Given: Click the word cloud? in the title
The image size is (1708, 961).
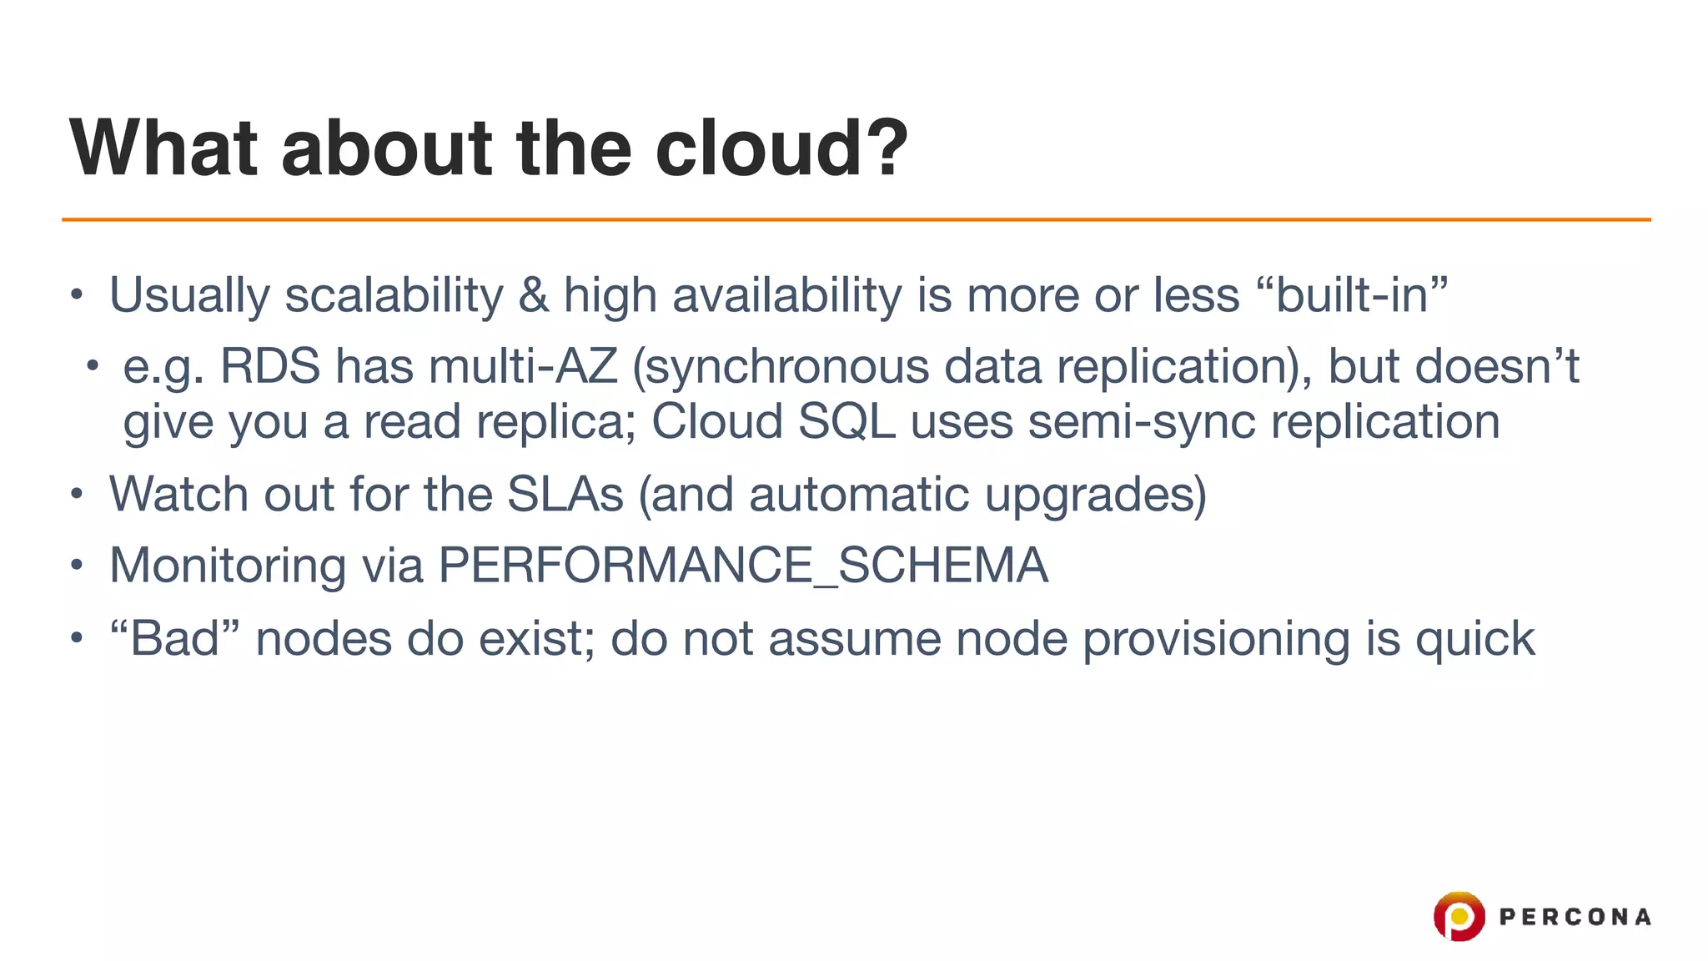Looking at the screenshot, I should (781, 148).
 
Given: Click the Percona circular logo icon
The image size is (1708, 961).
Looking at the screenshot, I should (1459, 916).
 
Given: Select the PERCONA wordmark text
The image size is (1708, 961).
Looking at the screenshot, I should (1575, 917).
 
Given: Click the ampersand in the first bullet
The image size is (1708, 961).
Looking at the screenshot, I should (533, 295).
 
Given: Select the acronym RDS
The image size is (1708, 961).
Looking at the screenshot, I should (269, 366).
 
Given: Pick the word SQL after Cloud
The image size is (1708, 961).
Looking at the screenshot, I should (846, 421).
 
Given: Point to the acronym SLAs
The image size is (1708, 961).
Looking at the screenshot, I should (565, 494).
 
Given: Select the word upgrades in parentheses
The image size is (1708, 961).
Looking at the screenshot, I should (1095, 496).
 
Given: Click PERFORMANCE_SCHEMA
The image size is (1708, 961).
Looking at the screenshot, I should (742, 566).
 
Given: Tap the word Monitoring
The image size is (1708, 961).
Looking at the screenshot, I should (227, 566).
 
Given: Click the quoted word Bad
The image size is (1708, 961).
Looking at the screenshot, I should (174, 639).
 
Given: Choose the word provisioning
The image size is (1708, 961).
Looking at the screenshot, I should (1216, 641).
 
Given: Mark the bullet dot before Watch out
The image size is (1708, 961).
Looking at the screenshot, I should (77, 495).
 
